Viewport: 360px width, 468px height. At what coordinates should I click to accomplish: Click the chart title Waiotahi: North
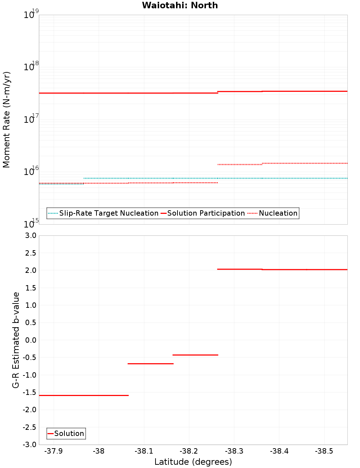[180, 5]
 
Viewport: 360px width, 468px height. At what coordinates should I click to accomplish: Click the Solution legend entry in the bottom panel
[66, 433]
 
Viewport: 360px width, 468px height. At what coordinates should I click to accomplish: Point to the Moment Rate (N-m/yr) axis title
[6, 120]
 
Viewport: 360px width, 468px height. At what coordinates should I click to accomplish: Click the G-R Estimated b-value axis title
[16, 340]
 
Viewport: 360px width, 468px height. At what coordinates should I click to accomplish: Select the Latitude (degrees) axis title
[193, 462]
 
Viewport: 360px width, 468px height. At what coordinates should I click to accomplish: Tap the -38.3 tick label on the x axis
[234, 451]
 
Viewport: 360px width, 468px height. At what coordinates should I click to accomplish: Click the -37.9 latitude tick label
[53, 451]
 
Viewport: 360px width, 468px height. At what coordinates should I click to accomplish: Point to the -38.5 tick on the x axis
[324, 451]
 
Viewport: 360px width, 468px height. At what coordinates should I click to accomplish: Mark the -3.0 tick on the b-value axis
[29, 445]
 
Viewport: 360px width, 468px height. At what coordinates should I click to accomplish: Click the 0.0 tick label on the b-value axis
[30, 340]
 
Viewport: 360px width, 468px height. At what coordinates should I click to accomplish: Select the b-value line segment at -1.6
[84, 395]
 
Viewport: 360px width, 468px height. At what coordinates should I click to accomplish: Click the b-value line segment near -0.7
[150, 364]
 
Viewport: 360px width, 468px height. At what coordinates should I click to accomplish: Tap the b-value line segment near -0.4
[195, 355]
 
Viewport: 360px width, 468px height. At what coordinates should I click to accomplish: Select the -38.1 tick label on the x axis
[144, 451]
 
